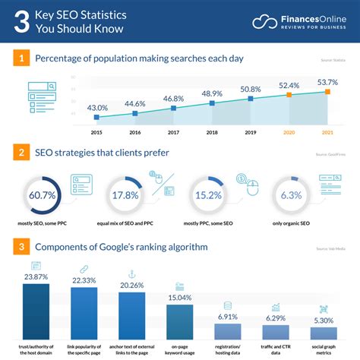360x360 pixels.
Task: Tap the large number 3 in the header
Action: [23, 22]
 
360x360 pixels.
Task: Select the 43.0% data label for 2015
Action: [96, 109]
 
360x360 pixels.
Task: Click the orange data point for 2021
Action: [327, 91]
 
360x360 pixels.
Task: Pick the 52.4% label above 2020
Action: [289, 85]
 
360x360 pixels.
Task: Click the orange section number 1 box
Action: [21, 58]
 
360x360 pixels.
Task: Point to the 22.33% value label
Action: [84, 280]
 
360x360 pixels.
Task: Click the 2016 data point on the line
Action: [135, 114]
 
